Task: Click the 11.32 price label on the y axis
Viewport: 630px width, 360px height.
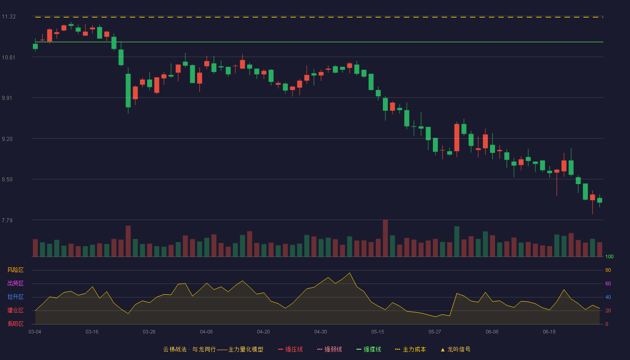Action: (9, 17)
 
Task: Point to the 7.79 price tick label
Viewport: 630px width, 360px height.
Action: (7, 220)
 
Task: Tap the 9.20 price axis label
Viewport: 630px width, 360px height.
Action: (7, 139)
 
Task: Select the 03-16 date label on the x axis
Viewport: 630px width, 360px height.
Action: (92, 332)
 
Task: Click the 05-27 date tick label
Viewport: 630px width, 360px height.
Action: (435, 332)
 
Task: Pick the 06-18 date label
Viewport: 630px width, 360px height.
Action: (549, 332)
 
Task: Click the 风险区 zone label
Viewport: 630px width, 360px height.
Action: (15, 270)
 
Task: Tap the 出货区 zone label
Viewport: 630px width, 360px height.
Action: (15, 283)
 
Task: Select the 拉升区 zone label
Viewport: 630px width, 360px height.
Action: (15, 297)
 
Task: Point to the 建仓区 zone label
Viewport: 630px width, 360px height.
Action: (15, 310)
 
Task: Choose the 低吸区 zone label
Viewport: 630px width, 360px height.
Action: (15, 324)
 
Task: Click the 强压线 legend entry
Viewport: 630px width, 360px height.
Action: (290, 350)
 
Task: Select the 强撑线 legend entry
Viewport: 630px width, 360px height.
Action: (369, 350)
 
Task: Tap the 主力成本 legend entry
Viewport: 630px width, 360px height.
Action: (410, 350)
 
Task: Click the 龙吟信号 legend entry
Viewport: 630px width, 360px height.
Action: (455, 350)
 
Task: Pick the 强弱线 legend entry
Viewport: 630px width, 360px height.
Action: (329, 350)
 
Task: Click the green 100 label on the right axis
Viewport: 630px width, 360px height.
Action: (609, 256)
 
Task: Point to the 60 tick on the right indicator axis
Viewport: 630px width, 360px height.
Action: (608, 283)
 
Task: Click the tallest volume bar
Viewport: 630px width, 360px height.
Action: (385, 238)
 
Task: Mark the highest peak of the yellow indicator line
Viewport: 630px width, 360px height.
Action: (350, 273)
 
